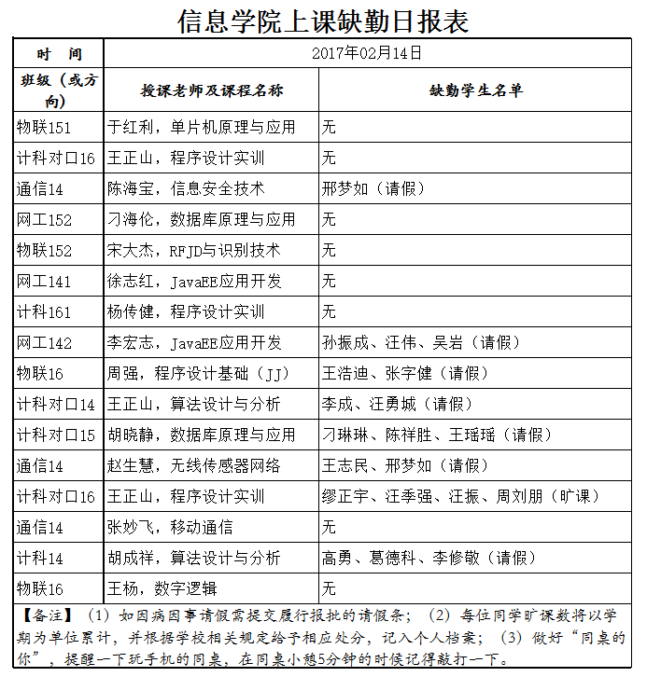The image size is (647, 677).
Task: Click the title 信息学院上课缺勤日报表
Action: coord(323,20)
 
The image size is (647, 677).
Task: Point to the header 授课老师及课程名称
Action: coord(212,90)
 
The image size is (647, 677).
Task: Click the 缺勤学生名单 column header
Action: coord(476,90)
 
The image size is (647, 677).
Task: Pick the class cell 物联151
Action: coord(44,127)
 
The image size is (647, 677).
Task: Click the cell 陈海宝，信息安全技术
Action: coord(186,188)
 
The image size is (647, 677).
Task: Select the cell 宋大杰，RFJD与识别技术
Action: coord(193,250)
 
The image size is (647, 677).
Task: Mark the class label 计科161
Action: coord(44,311)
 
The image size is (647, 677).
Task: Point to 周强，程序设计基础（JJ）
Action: coord(199,373)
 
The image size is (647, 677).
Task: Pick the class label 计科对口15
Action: coord(56,435)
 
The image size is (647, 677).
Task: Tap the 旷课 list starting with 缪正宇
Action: coord(461,496)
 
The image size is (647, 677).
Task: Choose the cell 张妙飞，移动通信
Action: coord(170,527)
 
